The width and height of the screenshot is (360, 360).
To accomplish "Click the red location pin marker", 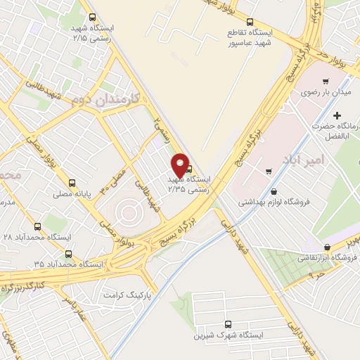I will coord(179,164).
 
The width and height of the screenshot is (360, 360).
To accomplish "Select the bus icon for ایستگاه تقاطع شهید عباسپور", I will coord(251,22).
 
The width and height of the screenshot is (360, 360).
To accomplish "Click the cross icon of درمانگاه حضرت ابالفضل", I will coord(337,115).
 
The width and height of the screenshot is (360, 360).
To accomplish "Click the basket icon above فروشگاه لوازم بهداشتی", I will coord(274,191).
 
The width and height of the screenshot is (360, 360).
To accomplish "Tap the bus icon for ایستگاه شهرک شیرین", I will coord(228,324).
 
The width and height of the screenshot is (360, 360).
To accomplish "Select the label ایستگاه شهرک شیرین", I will coord(229,336).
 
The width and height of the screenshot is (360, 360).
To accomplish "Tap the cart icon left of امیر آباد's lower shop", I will coord(269,171).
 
